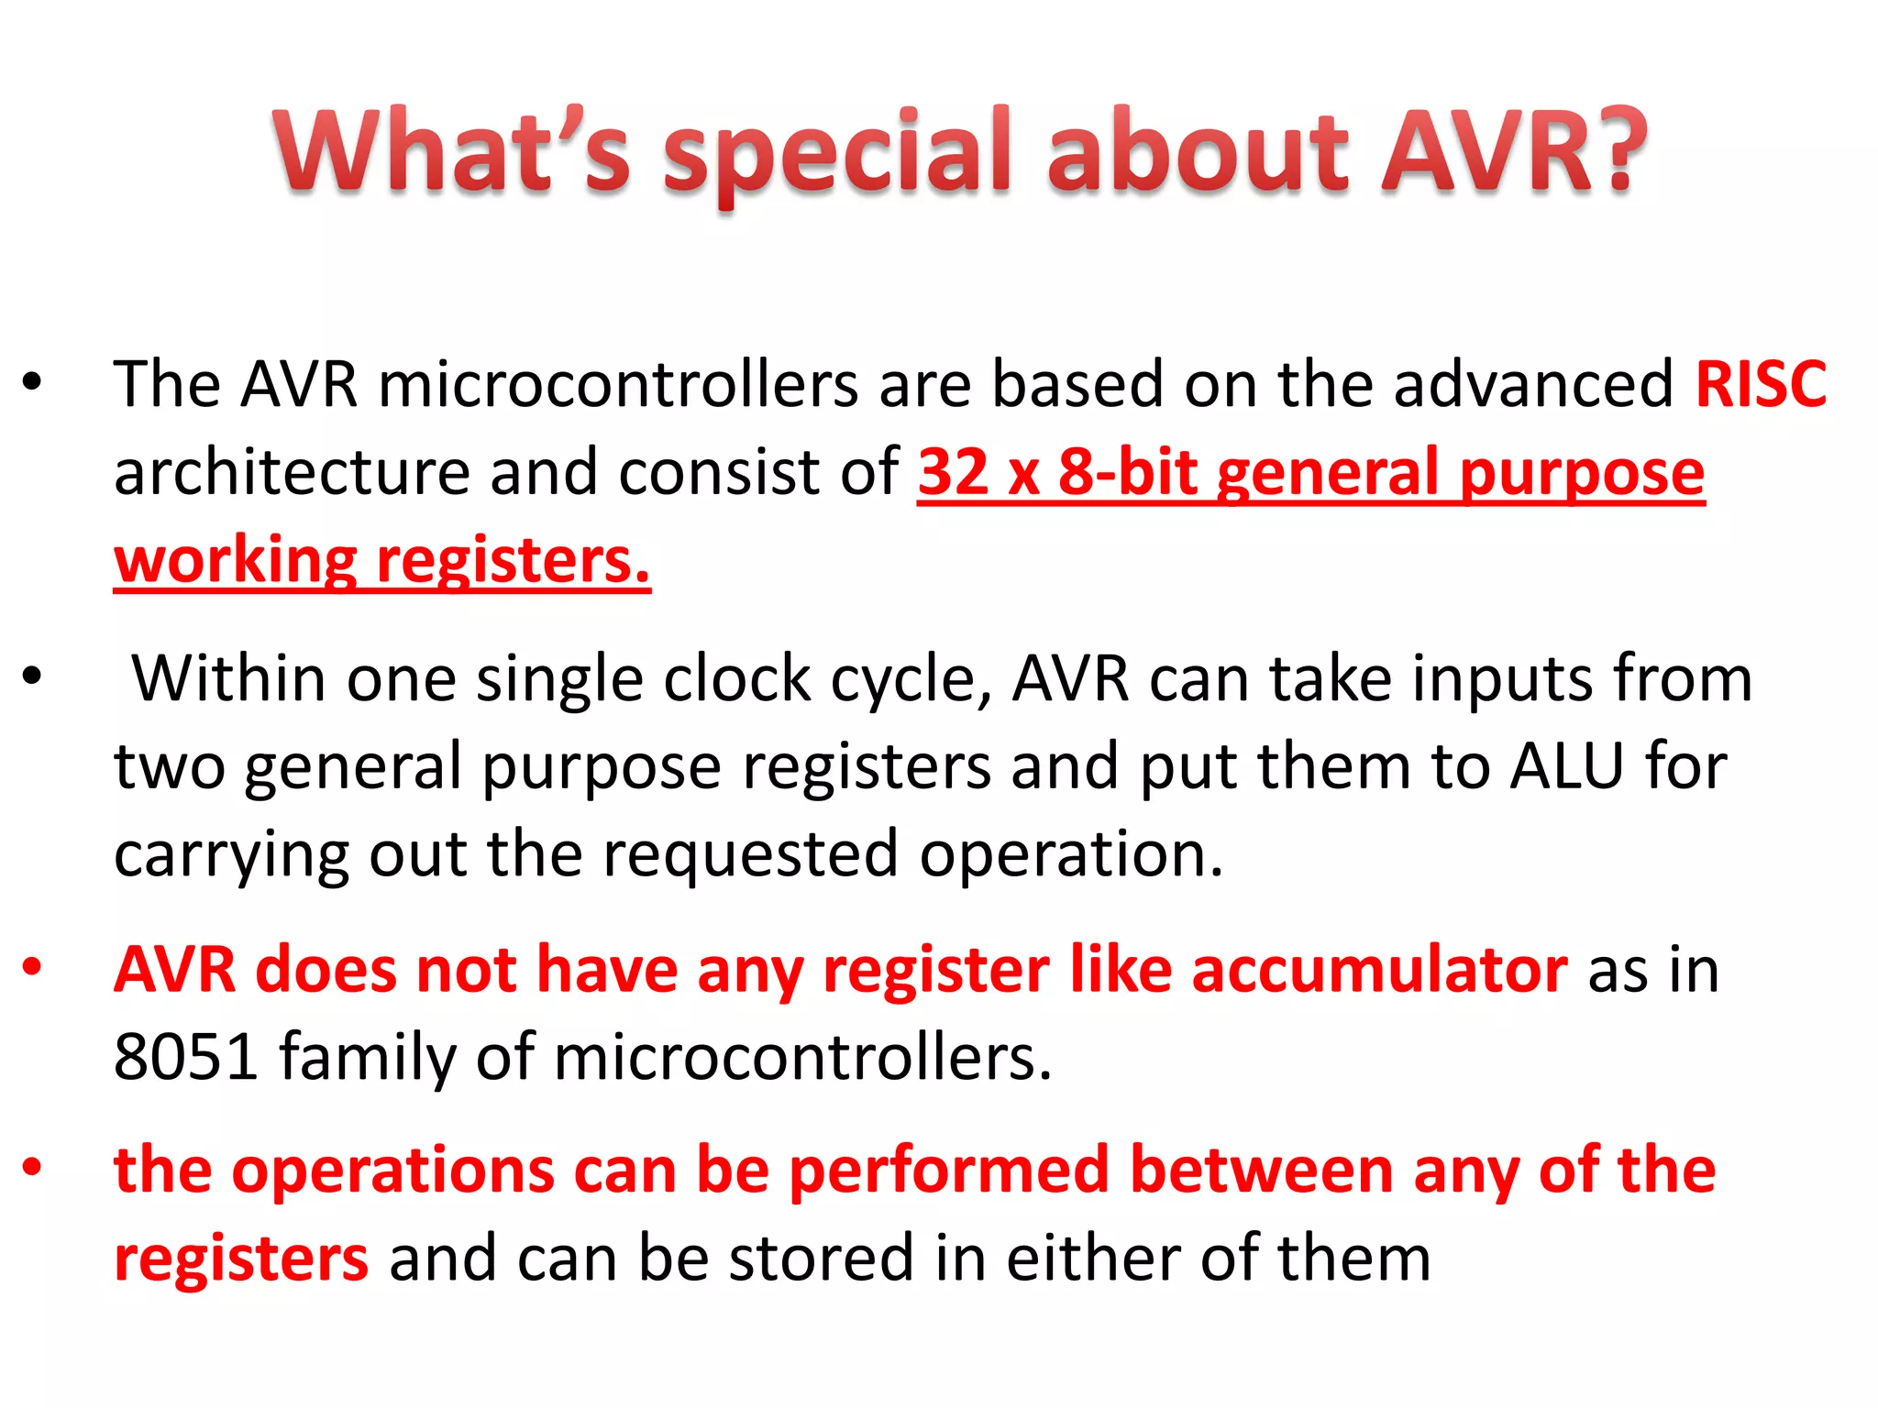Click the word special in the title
(836, 156)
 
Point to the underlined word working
(235, 561)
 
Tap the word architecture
(292, 472)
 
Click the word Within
(228, 678)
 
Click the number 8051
(185, 1057)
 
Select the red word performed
(948, 1171)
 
